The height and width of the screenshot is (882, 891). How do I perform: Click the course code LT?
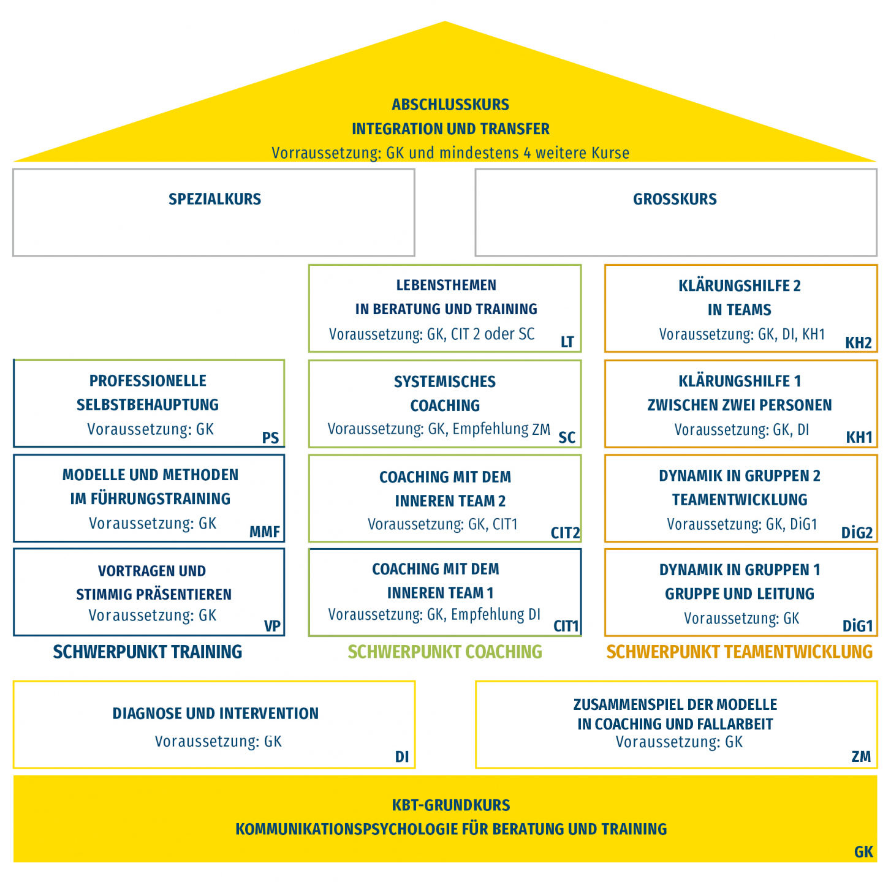567,342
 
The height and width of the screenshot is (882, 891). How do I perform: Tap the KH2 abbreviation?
858,342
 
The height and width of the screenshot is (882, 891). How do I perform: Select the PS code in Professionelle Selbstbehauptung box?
270,437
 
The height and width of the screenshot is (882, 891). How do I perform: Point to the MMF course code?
265,532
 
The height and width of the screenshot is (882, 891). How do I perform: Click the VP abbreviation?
272,626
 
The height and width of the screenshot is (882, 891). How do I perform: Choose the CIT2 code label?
565,532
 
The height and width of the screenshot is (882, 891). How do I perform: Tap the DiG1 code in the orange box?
857,626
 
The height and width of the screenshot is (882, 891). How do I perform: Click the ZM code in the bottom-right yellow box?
861,756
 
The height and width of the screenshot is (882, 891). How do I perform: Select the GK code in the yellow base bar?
863,851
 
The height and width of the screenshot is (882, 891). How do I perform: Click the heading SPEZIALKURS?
214,199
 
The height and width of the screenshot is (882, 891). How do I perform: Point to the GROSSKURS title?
675,199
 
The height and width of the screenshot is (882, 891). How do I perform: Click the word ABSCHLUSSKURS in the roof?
450,105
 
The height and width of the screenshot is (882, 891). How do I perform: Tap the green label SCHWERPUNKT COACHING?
445,652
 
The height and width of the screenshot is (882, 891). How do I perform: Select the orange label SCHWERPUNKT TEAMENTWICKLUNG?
740,652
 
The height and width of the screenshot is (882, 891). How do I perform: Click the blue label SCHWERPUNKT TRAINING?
148,652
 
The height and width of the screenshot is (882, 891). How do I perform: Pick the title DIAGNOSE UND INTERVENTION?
216,714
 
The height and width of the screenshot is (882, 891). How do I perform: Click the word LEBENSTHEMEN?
446,285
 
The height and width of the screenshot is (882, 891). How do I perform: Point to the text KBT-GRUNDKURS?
451,805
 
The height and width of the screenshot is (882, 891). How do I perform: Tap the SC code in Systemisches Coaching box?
567,437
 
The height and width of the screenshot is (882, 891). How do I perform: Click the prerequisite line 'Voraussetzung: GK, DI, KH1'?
741,334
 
